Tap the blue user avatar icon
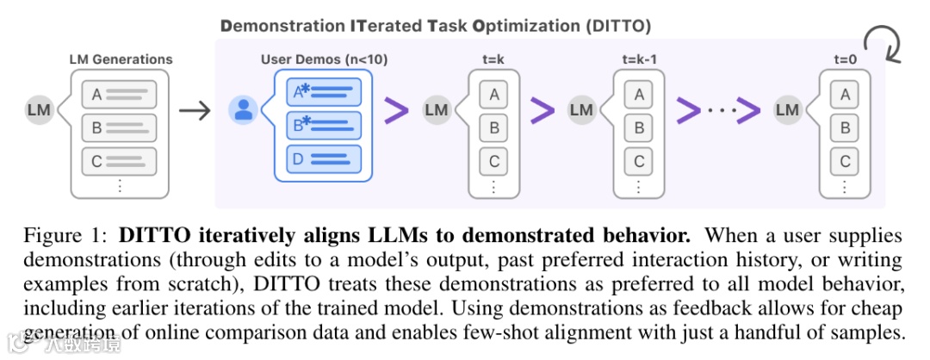click(x=243, y=110)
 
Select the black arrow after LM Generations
click(x=194, y=111)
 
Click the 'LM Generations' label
click(x=121, y=59)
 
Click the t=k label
click(x=493, y=60)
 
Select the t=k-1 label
click(x=639, y=60)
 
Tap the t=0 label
click(x=845, y=60)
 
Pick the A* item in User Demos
click(x=323, y=91)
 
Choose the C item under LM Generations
click(x=119, y=161)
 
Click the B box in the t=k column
click(x=494, y=127)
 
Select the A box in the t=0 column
click(x=846, y=95)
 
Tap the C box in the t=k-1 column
click(x=639, y=161)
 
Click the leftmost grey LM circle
click(x=39, y=110)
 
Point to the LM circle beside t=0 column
click(x=788, y=110)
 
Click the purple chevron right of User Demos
click(x=396, y=111)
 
